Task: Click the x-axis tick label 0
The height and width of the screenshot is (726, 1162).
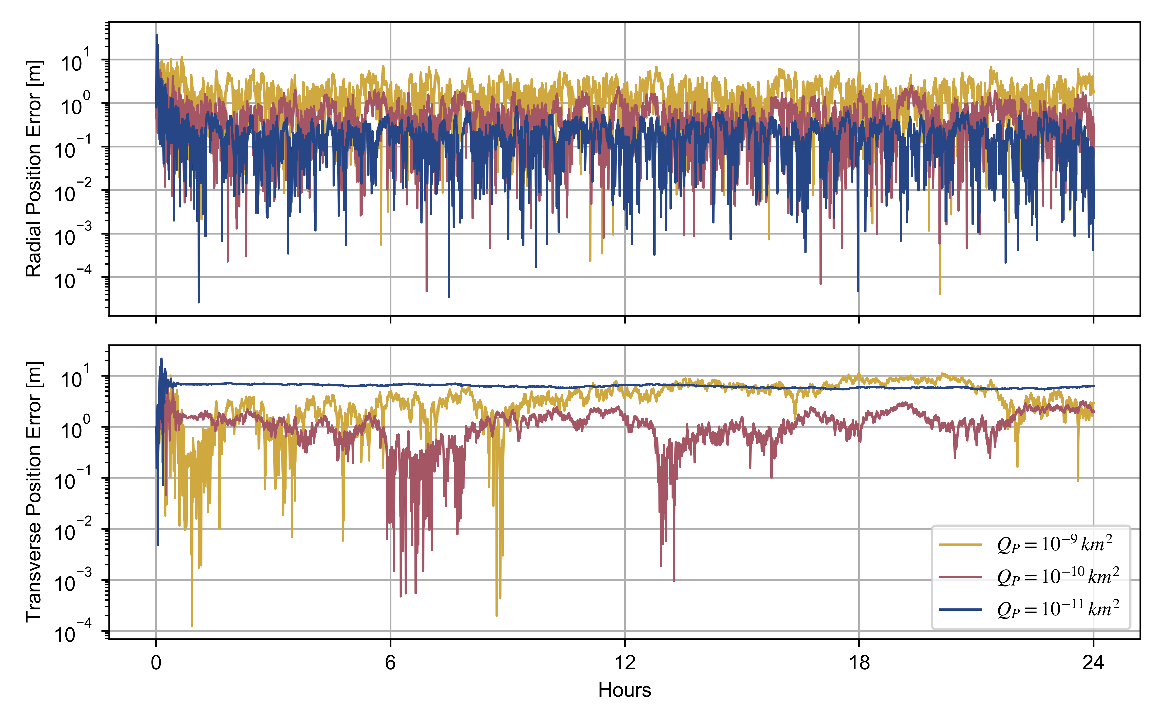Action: [156, 663]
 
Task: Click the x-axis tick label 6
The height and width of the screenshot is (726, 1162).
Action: [390, 663]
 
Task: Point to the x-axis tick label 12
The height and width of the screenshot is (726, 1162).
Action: [624, 663]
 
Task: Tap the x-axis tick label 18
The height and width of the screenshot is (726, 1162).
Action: [859, 663]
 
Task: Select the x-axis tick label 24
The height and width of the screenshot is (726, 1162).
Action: [1093, 663]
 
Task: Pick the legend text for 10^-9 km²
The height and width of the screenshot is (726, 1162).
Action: [1054, 544]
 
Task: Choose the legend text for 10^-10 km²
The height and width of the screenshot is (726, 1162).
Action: [1058, 576]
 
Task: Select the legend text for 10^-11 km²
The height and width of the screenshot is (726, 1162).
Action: [1058, 609]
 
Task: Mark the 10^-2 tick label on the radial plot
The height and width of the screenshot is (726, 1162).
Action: [72, 192]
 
